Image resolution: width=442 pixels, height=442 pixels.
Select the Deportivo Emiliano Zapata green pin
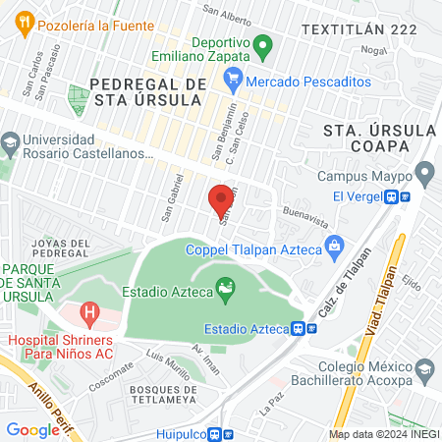[x=262, y=45]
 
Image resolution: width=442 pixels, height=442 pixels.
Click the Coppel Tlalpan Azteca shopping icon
[x=334, y=244]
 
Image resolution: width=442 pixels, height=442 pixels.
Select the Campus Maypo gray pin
[x=424, y=176]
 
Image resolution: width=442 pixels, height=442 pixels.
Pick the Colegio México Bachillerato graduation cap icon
[x=424, y=370]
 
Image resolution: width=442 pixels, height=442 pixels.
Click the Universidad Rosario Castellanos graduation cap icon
[x=10, y=141]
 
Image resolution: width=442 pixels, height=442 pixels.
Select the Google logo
[x=32, y=430]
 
